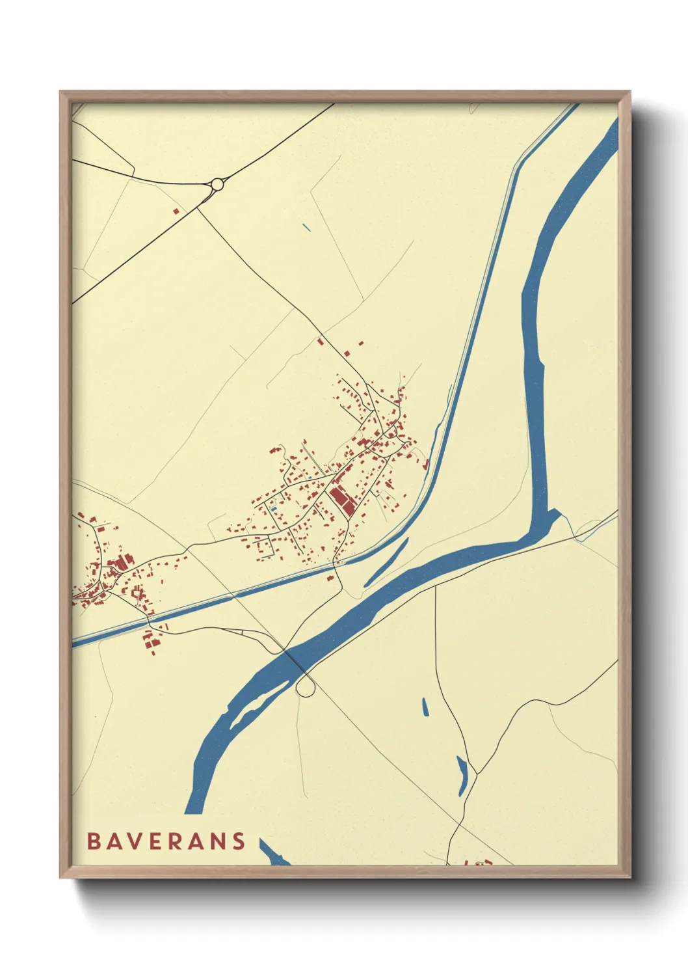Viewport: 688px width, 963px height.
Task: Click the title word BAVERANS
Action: (x=166, y=841)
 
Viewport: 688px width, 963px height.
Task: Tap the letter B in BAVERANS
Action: (x=93, y=841)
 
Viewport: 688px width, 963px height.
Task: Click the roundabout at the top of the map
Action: (x=217, y=185)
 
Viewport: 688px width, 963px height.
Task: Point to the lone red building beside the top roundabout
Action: (x=175, y=211)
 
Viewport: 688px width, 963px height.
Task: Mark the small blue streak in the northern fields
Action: (x=306, y=228)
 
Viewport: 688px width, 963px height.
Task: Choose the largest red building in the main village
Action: (x=341, y=500)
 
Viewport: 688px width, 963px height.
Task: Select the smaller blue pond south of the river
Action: (x=425, y=707)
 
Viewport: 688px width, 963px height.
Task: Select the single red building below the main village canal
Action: (x=330, y=577)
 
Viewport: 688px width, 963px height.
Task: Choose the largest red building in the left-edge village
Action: (x=120, y=563)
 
